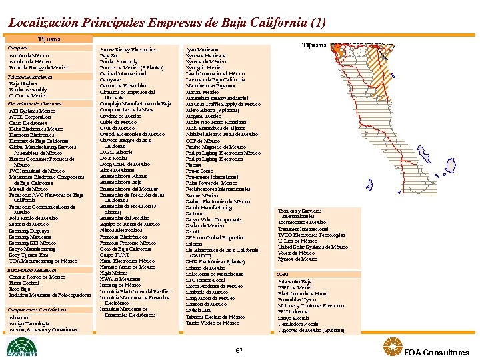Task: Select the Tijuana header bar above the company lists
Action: (49, 39)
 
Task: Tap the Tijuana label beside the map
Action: (314, 45)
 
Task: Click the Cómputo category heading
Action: (18, 48)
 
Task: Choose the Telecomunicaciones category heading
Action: (30, 77)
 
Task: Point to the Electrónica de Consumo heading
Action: (35, 103)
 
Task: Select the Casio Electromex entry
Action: (29, 123)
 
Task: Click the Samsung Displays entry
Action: (29, 231)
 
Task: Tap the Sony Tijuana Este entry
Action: (30, 255)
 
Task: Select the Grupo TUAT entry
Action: (114, 255)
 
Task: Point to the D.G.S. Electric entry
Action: (116, 152)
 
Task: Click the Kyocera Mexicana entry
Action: (205, 55)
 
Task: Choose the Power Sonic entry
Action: (199, 170)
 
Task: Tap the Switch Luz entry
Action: (199, 311)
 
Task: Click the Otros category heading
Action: (283, 275)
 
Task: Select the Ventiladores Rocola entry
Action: (298, 323)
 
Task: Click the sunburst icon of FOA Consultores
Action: (391, 347)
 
